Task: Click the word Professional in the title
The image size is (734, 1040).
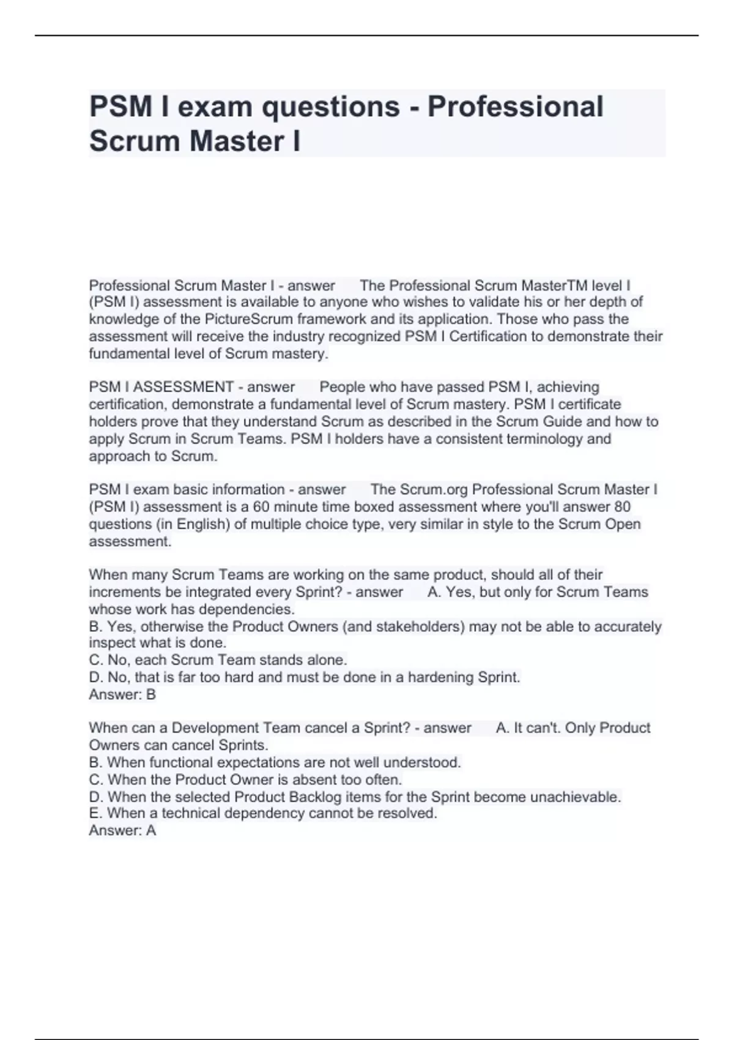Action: coord(515,106)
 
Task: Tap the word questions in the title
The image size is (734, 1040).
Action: coord(331,106)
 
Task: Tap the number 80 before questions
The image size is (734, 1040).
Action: coord(622,507)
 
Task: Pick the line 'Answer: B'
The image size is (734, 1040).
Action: coord(122,694)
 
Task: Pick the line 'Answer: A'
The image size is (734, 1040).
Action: coord(122,830)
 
